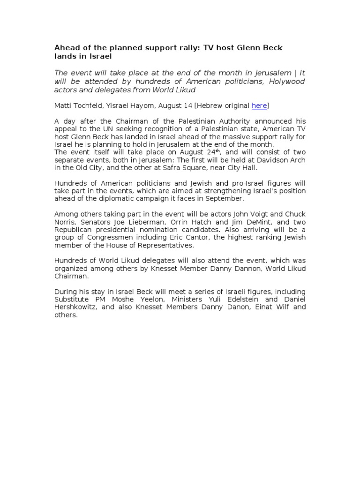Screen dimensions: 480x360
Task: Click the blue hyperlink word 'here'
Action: point(259,106)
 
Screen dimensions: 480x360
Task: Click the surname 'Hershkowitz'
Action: point(75,307)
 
